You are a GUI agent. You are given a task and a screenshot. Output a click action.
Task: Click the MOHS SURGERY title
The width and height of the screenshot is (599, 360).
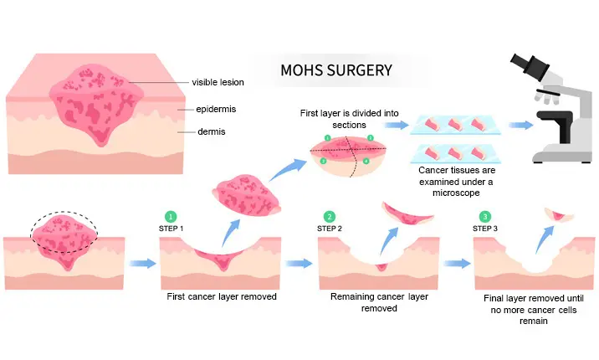coord(336,70)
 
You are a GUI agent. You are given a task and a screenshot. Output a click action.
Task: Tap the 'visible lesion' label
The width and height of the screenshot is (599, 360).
coord(218,82)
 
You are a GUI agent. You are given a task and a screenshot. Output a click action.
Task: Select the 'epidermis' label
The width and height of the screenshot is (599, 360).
coord(216,109)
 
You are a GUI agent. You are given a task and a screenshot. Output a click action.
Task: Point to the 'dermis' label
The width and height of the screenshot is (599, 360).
coord(212,131)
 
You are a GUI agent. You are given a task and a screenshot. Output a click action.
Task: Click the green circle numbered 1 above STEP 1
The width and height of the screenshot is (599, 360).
coord(171,217)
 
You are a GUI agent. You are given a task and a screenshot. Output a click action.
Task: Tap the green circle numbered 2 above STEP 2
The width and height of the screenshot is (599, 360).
coord(330,217)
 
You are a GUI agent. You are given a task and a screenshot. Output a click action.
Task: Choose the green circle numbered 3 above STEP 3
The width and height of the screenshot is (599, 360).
coord(484,217)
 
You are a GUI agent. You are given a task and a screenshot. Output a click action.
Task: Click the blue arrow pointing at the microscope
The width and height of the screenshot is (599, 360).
coord(520,125)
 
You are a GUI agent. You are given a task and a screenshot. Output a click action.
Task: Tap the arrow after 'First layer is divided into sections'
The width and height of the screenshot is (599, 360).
coord(397,125)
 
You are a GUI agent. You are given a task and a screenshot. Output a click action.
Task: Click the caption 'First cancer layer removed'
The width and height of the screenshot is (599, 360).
coord(222,296)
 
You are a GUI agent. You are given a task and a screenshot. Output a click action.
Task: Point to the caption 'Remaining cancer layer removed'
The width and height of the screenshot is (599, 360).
coord(379,302)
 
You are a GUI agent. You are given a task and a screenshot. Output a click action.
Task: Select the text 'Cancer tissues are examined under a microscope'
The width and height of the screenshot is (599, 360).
coord(456,181)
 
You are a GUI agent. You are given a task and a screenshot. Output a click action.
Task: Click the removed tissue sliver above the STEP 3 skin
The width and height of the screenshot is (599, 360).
coord(560,215)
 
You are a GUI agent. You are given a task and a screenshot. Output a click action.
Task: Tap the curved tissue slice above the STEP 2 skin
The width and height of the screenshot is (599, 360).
coord(407,216)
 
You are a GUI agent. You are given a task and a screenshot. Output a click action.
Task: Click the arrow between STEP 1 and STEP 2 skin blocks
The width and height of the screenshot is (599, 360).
coord(299,264)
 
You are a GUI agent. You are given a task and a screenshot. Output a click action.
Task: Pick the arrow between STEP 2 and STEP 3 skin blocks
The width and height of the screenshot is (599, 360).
coord(457,264)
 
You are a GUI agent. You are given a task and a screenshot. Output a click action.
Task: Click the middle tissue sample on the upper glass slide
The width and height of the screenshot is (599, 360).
coord(455,125)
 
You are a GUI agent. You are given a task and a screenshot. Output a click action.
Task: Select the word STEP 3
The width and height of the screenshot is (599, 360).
coord(484,229)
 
